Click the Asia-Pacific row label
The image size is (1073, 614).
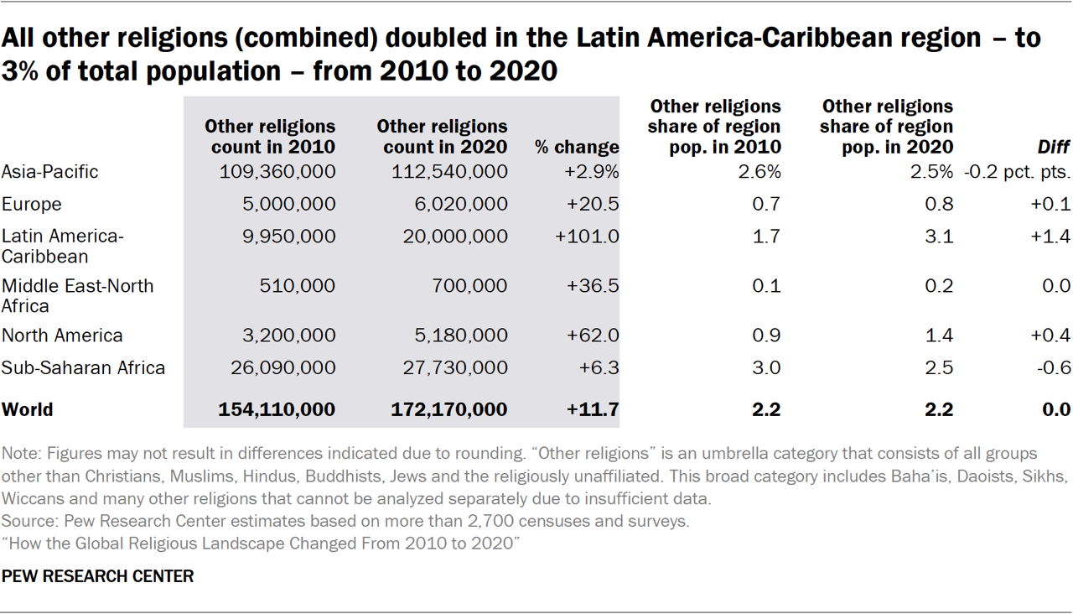pyautogui.click(x=50, y=172)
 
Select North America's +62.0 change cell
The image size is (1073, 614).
pyautogui.click(x=593, y=336)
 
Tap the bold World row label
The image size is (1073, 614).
pyautogui.click(x=28, y=410)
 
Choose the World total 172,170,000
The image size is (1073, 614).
pyautogui.click(x=449, y=410)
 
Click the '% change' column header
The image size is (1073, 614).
pyautogui.click(x=577, y=148)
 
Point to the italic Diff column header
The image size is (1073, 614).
pyautogui.click(x=1054, y=148)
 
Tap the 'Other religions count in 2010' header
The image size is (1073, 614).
pyautogui.click(x=270, y=137)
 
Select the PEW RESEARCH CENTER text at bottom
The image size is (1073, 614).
pyautogui.click(x=98, y=577)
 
